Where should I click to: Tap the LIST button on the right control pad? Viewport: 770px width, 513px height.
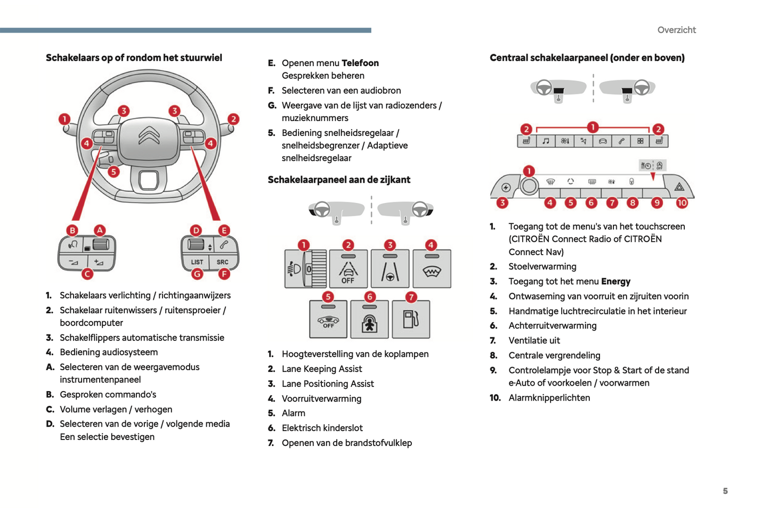point(197,262)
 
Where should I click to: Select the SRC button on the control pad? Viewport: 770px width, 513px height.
point(222,262)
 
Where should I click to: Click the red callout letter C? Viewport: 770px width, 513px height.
point(87,274)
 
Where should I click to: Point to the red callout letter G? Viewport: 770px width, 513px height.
point(197,274)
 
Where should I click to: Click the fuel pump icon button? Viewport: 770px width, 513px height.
point(411,320)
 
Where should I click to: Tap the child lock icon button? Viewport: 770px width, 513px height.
point(369,321)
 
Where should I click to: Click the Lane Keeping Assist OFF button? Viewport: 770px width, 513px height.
point(348,270)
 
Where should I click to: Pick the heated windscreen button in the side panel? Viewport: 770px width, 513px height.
point(432,270)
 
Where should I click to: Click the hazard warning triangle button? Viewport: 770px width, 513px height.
point(679,187)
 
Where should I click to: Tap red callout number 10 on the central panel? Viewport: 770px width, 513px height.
point(682,202)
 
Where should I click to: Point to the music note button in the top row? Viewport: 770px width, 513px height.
point(546,141)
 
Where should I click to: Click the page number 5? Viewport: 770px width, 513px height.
point(725,491)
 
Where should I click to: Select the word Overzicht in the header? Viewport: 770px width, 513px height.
point(676,30)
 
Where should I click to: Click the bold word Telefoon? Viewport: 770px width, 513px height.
point(360,63)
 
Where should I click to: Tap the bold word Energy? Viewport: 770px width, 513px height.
point(615,281)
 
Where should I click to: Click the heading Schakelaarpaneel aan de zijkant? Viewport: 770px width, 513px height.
point(339,180)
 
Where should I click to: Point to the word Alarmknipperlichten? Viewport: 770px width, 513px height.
point(549,397)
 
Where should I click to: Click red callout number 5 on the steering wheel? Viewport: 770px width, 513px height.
point(114,172)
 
